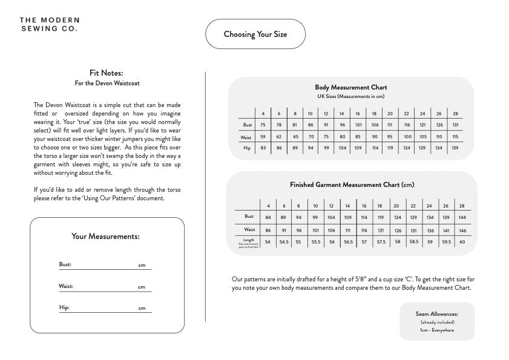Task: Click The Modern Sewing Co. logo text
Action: (x=48, y=24)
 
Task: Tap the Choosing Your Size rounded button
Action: (x=255, y=34)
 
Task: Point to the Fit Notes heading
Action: (x=106, y=73)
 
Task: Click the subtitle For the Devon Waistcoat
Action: (x=107, y=83)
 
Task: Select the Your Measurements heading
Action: (x=105, y=237)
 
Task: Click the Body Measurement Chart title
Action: (x=350, y=88)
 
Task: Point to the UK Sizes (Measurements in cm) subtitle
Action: (x=350, y=96)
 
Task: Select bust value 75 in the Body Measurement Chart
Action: (x=263, y=125)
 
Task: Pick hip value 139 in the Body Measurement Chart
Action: (x=455, y=148)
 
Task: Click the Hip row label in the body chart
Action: (x=246, y=148)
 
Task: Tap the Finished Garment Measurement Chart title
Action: (x=352, y=185)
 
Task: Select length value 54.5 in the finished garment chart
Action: (x=283, y=242)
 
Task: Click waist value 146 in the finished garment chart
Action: (x=462, y=230)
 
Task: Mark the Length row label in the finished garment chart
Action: (x=248, y=242)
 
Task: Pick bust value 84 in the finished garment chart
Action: (x=268, y=217)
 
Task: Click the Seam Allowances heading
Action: (x=437, y=314)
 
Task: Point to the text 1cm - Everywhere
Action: (x=437, y=330)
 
